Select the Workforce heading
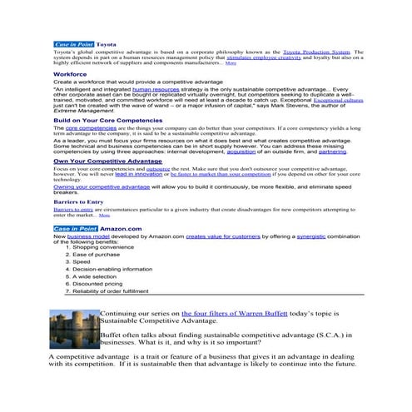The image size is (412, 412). click(69, 73)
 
